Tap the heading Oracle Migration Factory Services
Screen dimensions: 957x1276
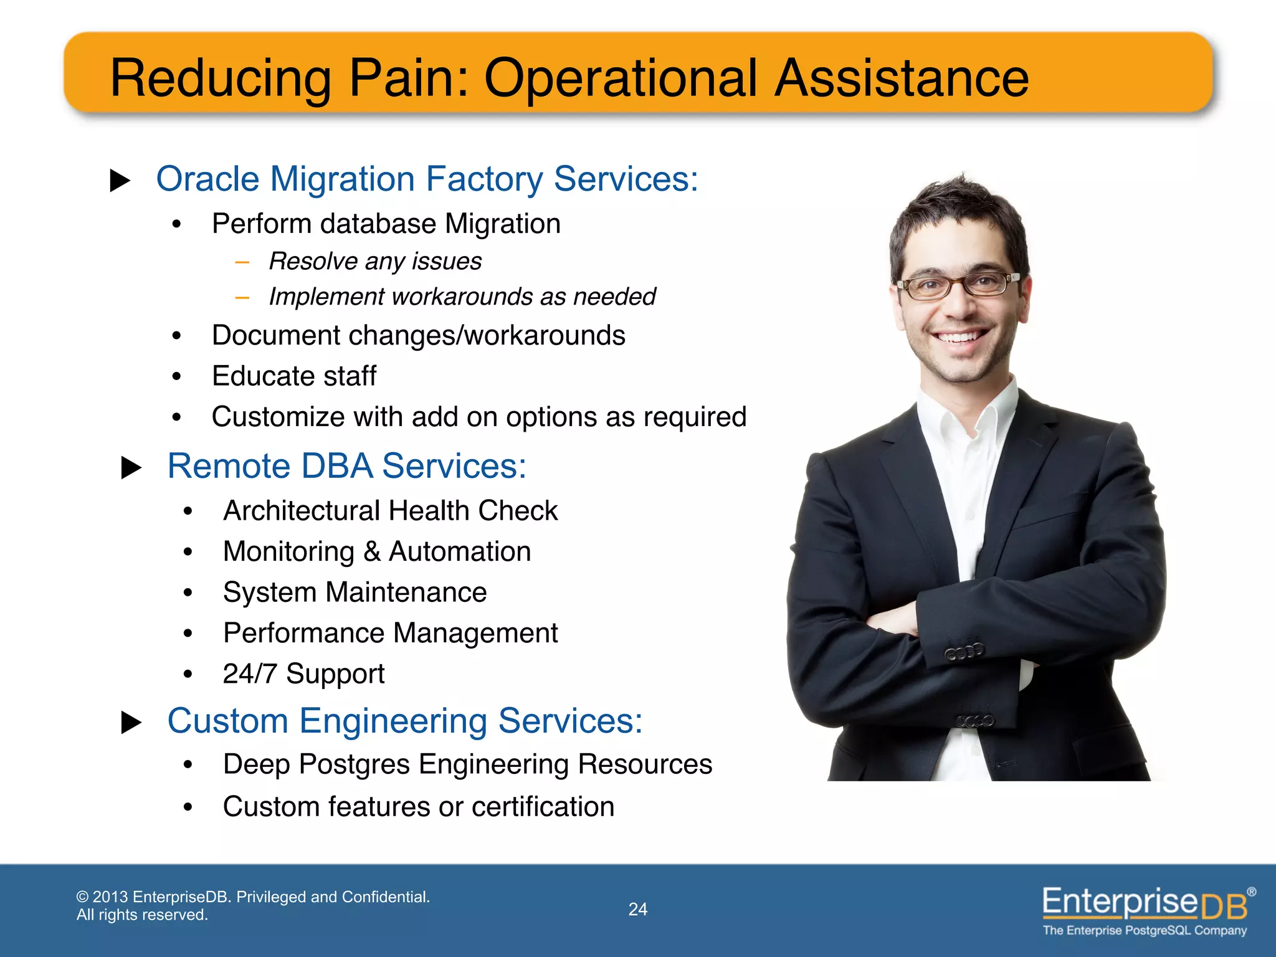(x=427, y=179)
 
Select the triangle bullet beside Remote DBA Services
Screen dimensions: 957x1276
(x=131, y=468)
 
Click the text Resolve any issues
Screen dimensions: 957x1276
(x=375, y=261)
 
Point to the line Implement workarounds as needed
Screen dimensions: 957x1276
(x=462, y=297)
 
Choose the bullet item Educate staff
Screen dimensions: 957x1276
(x=294, y=376)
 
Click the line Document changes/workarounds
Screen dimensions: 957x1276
(x=418, y=335)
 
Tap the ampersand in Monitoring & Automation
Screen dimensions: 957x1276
(x=372, y=551)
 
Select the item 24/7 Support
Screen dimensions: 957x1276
(x=303, y=674)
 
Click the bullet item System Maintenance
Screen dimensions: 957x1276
(x=355, y=592)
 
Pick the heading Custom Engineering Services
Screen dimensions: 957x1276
(x=404, y=721)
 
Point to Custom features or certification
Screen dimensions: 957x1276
(x=418, y=806)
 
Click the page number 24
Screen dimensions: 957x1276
(x=637, y=909)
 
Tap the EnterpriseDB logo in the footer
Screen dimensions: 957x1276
(x=1145, y=903)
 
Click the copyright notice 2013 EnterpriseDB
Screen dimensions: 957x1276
(x=252, y=897)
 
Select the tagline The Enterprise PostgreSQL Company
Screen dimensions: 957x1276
(x=1145, y=930)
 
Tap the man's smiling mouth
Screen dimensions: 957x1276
(x=960, y=337)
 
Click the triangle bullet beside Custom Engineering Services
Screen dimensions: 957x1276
(x=131, y=723)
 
